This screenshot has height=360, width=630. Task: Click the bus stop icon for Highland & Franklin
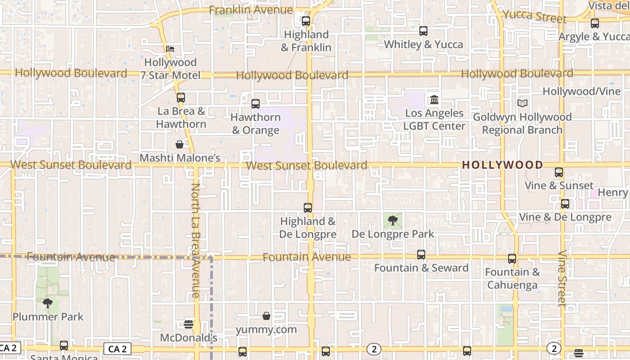[306, 21]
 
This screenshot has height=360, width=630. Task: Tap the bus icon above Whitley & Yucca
[423, 31]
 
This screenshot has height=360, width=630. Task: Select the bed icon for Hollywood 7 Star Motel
[170, 49]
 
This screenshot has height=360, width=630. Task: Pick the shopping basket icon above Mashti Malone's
[180, 144]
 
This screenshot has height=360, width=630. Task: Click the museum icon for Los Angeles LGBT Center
[434, 99]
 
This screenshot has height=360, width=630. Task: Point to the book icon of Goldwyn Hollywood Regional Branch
[522, 103]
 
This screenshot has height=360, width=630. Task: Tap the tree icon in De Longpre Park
[393, 220]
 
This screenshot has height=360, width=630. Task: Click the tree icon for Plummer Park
[48, 303]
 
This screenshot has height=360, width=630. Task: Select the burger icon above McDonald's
[189, 324]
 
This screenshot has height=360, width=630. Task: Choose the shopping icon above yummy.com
[266, 316]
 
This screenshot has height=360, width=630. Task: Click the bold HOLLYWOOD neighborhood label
[503, 165]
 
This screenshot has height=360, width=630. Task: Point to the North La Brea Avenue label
[195, 240]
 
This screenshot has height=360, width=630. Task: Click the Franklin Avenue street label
[251, 10]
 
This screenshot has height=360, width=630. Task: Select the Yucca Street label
[534, 16]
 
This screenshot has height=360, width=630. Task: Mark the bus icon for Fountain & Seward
[421, 255]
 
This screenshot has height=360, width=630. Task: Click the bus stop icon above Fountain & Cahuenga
[512, 259]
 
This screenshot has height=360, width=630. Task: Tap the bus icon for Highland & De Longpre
[308, 208]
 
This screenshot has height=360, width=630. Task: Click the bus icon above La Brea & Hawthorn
[181, 98]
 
